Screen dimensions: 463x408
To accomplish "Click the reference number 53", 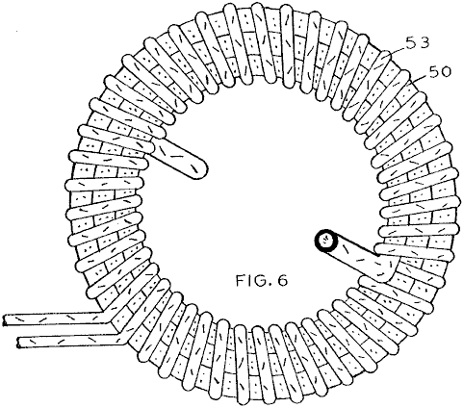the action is pos(418,42).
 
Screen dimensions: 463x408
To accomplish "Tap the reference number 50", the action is pos(439,72).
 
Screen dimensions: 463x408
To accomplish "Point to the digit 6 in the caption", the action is pos(282,281).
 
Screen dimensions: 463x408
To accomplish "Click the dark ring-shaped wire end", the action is pos(326,241).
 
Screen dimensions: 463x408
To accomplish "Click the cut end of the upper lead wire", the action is pos(5,320).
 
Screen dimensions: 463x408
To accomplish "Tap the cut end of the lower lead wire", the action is pos(19,343).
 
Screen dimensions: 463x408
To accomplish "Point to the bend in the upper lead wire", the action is pos(106,316).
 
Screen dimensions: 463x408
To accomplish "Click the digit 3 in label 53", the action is pos(424,42).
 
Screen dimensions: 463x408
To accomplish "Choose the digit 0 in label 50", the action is pos(445,72).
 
